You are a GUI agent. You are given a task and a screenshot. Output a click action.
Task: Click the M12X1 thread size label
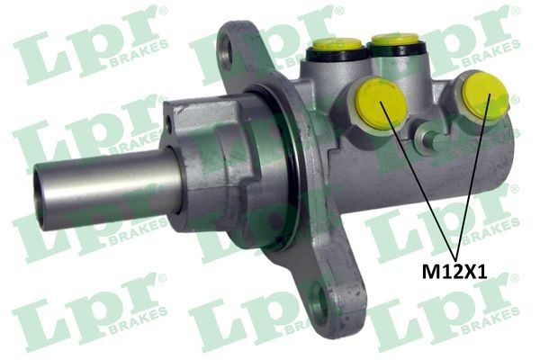coord(455,270)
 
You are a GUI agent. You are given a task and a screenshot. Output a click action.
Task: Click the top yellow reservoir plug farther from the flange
coord(393,40)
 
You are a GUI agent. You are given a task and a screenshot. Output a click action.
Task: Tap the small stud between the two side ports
coord(435,142)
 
